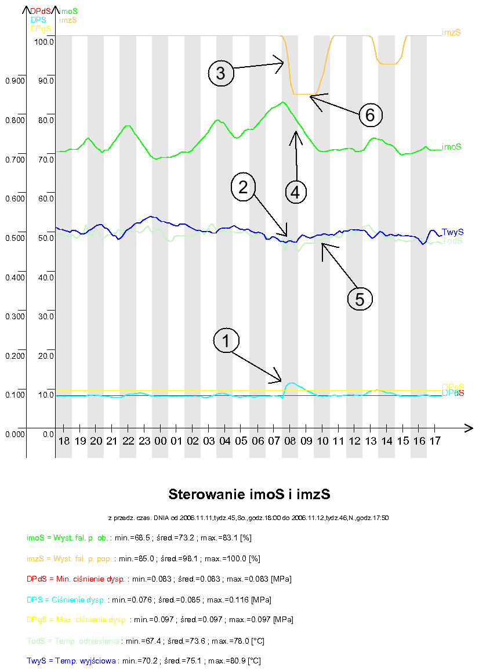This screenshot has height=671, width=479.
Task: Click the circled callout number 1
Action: (226, 341)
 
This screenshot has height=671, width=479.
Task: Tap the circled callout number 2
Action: (243, 186)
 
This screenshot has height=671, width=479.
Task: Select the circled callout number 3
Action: (221, 73)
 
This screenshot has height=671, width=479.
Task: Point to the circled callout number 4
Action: (295, 191)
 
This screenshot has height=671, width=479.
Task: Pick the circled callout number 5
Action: (360, 298)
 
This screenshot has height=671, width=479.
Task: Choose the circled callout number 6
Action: (370, 115)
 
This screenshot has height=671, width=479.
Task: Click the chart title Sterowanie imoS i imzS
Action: (249, 495)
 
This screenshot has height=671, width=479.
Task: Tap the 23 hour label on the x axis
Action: (145, 442)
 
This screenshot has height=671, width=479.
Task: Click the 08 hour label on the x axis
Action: (290, 442)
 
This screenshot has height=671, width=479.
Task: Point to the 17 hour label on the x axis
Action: (435, 442)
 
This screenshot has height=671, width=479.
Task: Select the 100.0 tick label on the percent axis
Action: (44, 42)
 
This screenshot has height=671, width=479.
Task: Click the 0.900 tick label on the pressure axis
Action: (14, 81)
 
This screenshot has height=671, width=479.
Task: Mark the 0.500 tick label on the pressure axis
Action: (14, 239)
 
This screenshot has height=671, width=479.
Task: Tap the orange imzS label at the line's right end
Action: (451, 33)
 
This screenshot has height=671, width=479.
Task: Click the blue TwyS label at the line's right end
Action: (452, 232)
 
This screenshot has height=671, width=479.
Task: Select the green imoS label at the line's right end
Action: (451, 147)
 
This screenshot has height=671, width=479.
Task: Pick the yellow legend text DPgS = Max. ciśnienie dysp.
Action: (77, 620)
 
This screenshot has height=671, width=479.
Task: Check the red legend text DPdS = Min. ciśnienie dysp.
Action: (75, 579)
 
